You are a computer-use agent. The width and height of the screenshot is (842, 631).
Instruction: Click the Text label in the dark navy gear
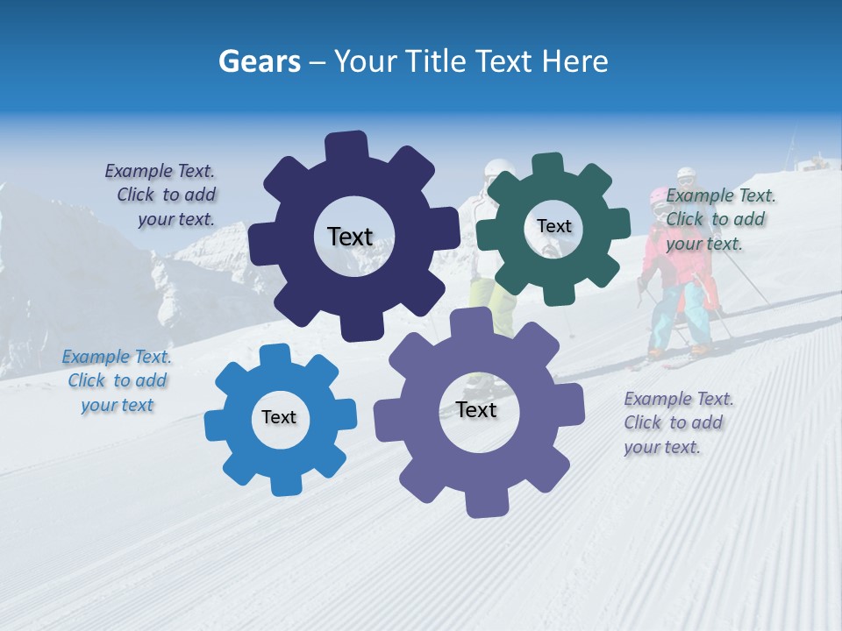350,237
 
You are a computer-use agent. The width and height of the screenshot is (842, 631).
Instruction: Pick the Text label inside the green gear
553,226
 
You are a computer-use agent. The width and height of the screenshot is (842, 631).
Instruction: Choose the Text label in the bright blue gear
279,417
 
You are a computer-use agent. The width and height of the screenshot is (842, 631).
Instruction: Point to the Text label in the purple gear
476,409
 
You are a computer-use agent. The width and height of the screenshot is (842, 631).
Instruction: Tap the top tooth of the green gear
547,165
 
